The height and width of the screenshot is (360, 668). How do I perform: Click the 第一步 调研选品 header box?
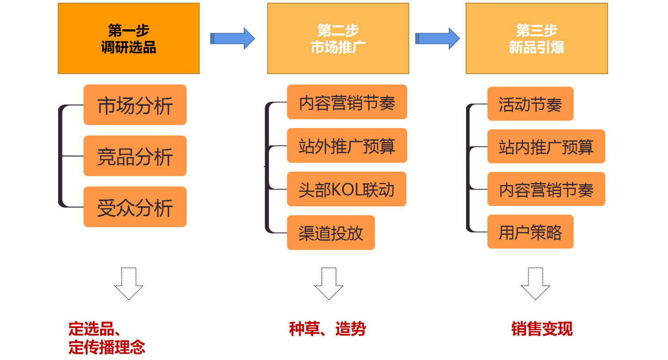click(x=129, y=39)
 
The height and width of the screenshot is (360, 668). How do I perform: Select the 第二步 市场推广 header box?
click(x=338, y=39)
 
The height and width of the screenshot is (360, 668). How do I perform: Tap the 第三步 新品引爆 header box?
click(x=536, y=39)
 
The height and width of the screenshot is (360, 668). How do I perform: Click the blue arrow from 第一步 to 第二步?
click(x=232, y=38)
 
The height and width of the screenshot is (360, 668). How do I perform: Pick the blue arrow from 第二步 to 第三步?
click(x=437, y=38)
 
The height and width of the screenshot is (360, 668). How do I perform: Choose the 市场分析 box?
click(x=135, y=105)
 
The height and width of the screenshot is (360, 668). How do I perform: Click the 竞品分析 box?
click(x=135, y=156)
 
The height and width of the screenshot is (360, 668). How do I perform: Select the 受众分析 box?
click(x=135, y=207)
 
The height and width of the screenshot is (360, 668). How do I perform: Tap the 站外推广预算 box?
click(x=347, y=146)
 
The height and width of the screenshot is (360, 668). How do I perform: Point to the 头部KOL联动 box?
click(x=346, y=189)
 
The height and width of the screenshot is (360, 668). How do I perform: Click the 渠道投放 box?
click(x=331, y=233)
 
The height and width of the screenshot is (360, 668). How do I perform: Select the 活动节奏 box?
click(x=530, y=104)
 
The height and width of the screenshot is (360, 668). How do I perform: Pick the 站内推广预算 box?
click(x=546, y=146)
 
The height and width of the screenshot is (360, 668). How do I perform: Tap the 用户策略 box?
click(x=530, y=232)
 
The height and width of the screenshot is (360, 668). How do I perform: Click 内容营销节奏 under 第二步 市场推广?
click(x=347, y=102)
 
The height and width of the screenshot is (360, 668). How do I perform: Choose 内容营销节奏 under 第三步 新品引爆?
click(x=546, y=189)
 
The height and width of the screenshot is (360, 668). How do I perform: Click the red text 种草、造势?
click(x=327, y=329)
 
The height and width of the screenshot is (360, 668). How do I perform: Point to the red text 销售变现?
click(x=542, y=329)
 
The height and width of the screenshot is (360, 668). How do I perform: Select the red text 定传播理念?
click(x=107, y=347)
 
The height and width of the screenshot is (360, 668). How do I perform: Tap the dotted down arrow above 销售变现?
click(x=535, y=283)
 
